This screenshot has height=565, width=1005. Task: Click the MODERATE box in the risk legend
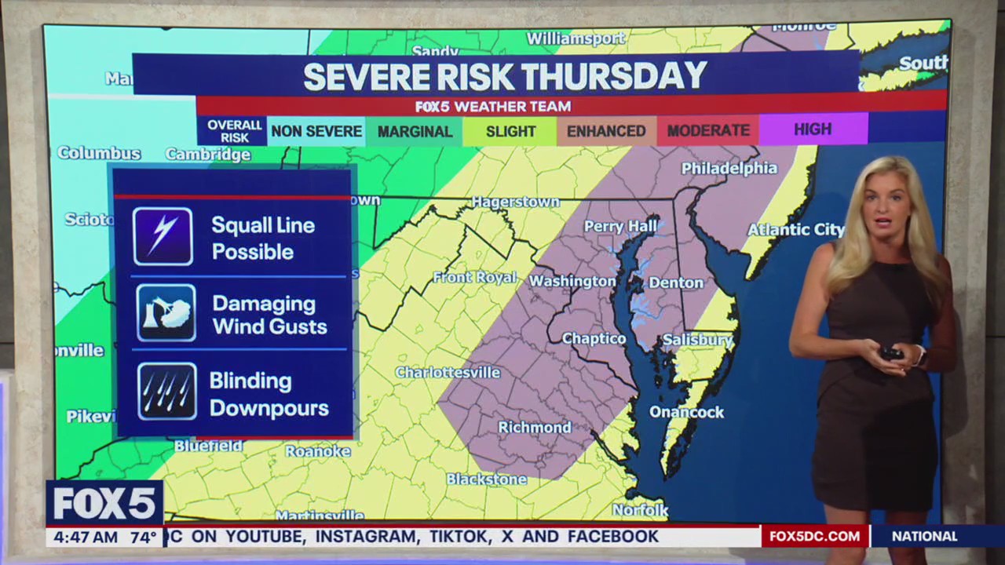[708, 131]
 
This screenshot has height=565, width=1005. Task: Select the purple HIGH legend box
[813, 129]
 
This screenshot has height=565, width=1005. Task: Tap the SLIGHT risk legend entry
[510, 132]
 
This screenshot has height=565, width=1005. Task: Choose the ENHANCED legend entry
[606, 132]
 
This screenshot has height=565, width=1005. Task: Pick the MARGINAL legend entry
[415, 132]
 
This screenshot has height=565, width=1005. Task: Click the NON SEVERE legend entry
[316, 132]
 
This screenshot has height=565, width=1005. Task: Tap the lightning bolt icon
[163, 236]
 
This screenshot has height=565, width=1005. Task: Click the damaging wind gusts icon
[166, 313]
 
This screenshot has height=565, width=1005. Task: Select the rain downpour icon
[166, 391]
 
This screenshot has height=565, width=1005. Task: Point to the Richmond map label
[535, 428]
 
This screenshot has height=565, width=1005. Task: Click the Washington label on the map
[572, 281]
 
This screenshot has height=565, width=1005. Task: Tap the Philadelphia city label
[729, 169]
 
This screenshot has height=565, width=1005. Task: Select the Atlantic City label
[795, 230]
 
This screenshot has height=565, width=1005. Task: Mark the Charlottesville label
[448, 372]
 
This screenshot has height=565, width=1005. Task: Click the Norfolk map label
[640, 511]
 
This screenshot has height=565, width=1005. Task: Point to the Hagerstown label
[515, 202]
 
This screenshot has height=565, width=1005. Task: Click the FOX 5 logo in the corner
[104, 503]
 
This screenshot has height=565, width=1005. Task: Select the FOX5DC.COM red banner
[815, 537]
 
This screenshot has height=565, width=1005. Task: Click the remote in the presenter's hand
[891, 353]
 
